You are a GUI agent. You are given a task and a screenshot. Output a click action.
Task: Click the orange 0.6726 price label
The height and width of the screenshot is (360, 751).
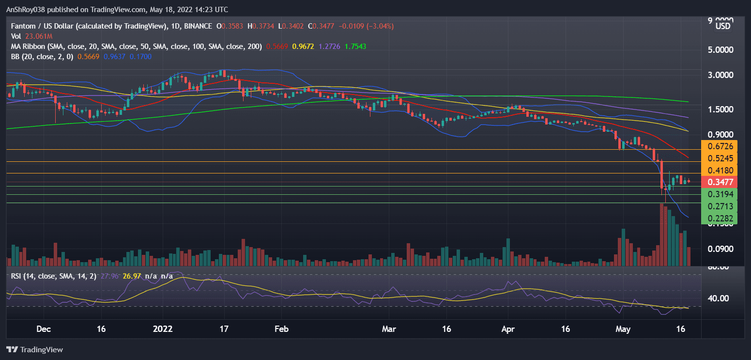click(719, 146)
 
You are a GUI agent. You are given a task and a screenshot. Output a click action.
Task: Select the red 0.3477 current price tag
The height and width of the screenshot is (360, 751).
click(719, 182)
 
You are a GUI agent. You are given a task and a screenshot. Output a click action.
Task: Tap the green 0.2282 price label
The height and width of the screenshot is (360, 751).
click(719, 219)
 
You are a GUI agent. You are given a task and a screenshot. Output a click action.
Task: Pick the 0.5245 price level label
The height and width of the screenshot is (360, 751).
click(719, 158)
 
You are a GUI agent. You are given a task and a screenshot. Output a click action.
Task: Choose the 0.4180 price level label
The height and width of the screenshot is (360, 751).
click(719, 170)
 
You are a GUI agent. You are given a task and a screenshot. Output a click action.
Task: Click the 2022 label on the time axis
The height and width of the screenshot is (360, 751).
click(163, 329)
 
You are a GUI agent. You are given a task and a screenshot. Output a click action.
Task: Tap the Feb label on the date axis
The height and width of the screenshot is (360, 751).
click(281, 329)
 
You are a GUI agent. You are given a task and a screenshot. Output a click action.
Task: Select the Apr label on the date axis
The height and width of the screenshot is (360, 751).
click(507, 329)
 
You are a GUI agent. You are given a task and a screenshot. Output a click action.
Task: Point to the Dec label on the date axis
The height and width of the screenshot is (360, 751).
click(44, 329)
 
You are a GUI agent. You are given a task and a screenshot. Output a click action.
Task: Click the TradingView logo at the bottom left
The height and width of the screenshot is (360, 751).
click(35, 349)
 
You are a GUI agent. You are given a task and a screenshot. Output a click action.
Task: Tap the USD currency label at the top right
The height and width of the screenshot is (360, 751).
click(723, 26)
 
